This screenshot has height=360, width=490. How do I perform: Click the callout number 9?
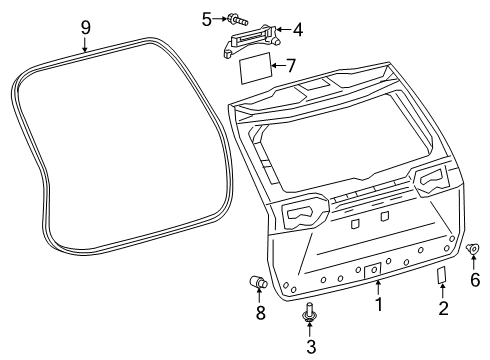86,28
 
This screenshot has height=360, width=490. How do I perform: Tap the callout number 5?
207,19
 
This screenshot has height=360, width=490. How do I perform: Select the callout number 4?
298,30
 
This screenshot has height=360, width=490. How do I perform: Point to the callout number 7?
291,65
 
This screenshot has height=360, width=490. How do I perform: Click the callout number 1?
379,304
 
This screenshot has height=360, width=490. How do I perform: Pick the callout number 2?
443,308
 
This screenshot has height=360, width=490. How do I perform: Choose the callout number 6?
475,279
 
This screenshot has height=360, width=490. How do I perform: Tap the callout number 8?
260,313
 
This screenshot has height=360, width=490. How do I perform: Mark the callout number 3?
311,347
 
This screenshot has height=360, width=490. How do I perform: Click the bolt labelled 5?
238,19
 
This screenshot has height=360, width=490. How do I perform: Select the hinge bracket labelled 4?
252,40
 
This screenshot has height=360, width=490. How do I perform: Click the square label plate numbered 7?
256,68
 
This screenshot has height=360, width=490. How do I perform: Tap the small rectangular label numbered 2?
442,275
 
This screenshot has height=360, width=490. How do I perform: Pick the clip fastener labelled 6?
473,249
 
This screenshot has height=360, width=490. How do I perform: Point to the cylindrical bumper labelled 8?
258,282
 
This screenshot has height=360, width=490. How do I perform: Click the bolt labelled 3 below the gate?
310,313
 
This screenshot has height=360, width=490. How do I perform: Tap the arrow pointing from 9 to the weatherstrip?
85,45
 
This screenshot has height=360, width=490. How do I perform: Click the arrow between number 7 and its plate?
279,65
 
